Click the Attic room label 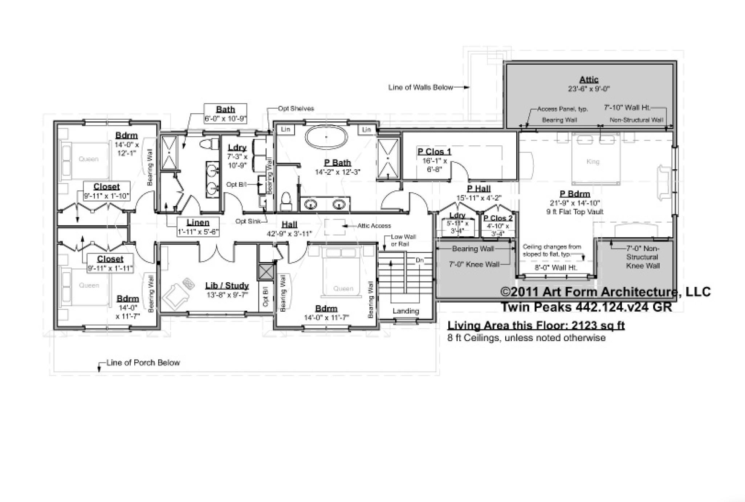pos(589,80)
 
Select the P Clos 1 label pos(434,151)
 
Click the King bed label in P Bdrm pos(593,162)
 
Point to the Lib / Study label pos(227,286)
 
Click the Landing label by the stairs pos(406,311)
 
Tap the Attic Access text pos(374,226)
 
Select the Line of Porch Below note pos(143,363)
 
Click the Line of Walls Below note pos(420,88)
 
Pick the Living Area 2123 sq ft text pos(536,325)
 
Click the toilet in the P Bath pos(286,201)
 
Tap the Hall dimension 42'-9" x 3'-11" pos(289,234)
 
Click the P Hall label pos(479,189)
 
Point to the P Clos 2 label pos(498,218)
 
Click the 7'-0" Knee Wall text pos(474,264)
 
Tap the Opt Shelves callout pos(296,108)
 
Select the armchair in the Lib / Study pos(176,295)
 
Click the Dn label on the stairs pos(419,260)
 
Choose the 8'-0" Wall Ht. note pos(556,268)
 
